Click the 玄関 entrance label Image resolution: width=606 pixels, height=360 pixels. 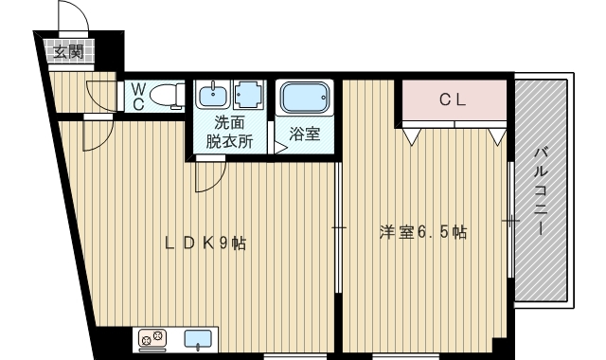[x=68, y=51]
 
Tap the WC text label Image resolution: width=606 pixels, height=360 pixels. [x=138, y=97]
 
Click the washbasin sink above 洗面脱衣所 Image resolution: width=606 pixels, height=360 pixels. [x=212, y=94]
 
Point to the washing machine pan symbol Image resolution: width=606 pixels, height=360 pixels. [x=247, y=94]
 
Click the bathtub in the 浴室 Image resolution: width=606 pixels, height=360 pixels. [x=305, y=97]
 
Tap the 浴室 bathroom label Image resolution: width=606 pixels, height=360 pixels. [x=305, y=134]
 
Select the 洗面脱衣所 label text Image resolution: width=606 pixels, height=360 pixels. [x=229, y=133]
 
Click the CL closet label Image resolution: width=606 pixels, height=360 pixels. [x=453, y=100]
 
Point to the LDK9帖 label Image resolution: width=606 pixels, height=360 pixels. [x=205, y=243]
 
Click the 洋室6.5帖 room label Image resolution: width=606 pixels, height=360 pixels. [x=423, y=232]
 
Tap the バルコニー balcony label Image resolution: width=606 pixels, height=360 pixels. [x=541, y=191]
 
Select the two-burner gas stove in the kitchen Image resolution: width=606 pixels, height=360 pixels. [x=152, y=339]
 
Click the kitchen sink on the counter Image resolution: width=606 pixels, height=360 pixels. [x=198, y=339]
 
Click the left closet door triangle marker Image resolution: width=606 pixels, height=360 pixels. [x=412, y=136]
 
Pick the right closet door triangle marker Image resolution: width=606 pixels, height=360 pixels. [x=497, y=136]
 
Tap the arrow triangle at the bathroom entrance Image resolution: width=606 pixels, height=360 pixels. [x=280, y=148]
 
